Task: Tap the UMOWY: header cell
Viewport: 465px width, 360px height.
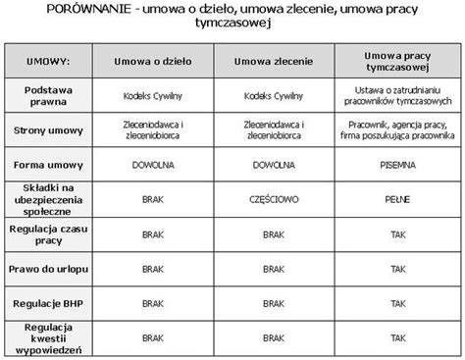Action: click(49, 63)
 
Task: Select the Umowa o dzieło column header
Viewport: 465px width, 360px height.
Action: click(153, 63)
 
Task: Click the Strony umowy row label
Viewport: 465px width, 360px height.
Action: click(49, 131)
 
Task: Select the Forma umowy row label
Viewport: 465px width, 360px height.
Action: click(49, 166)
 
